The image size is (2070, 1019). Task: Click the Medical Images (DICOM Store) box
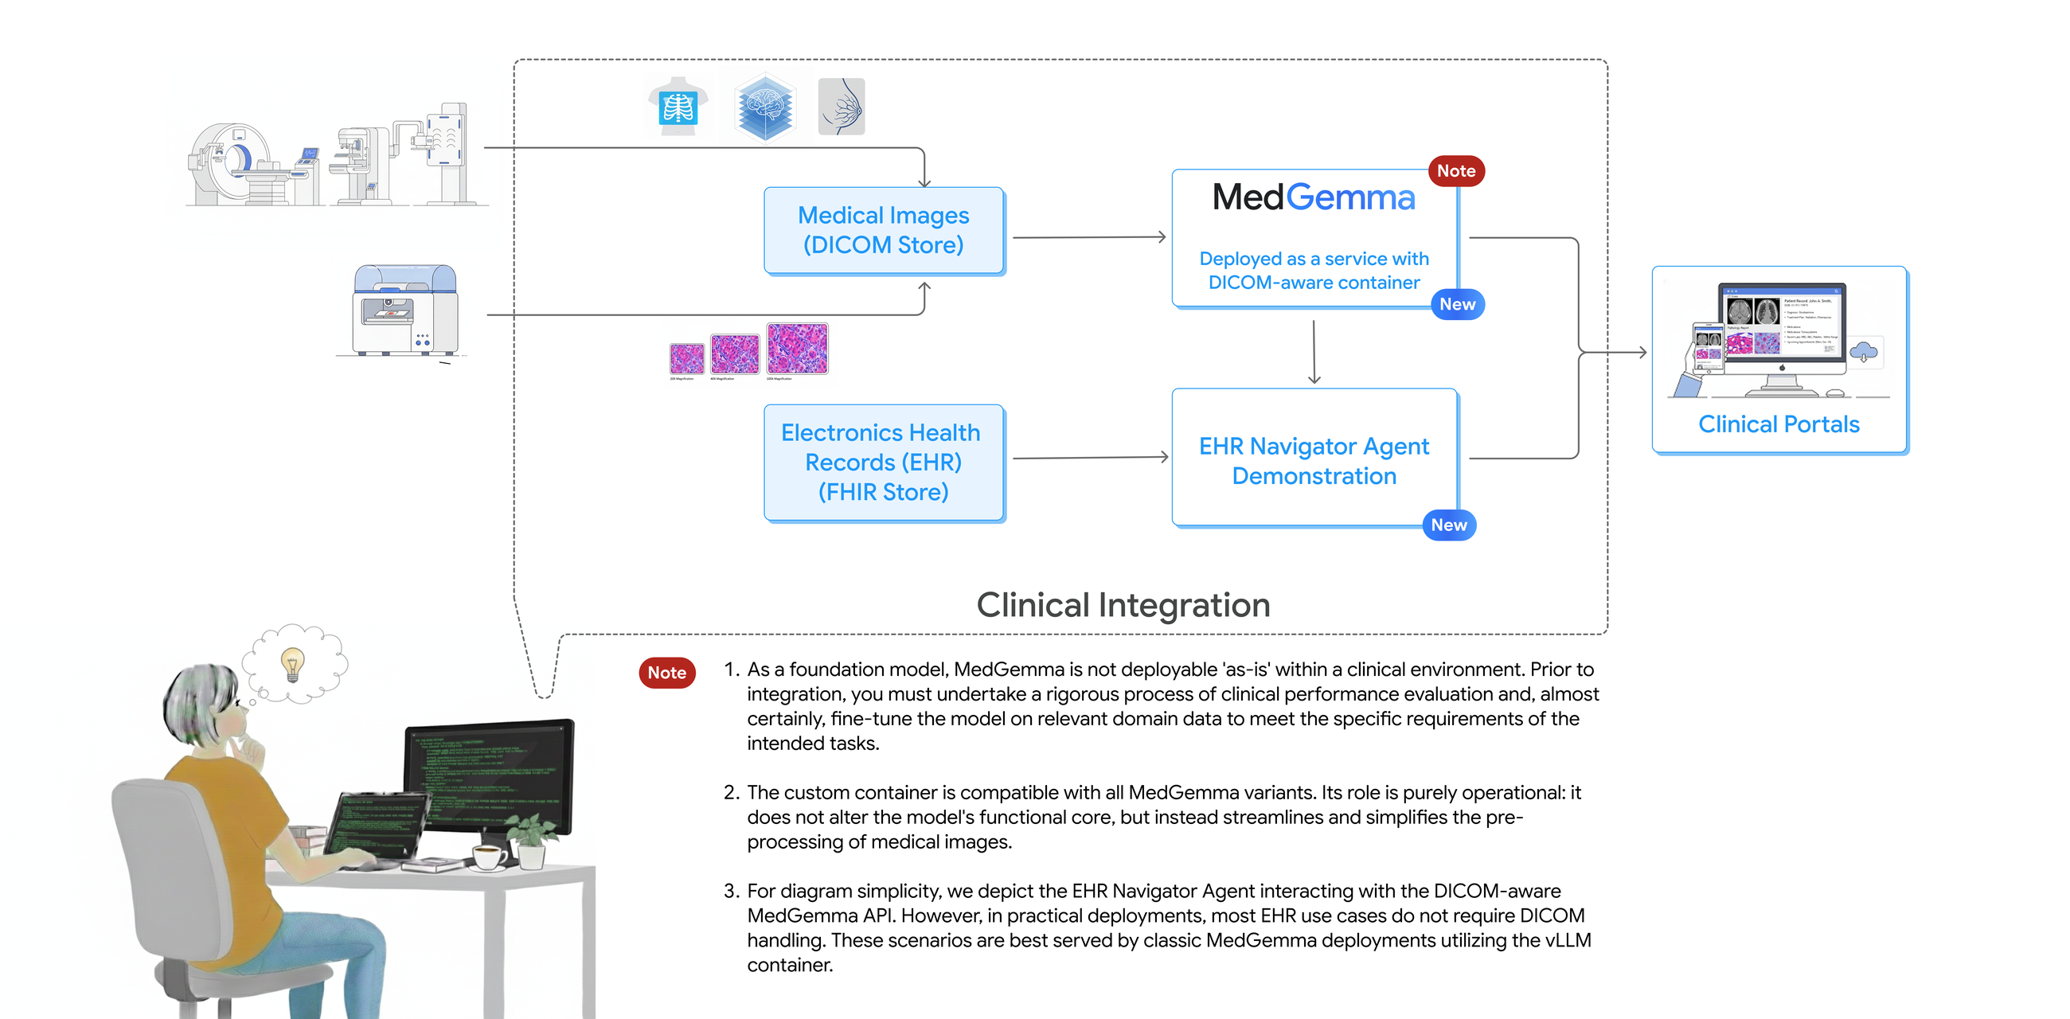883,231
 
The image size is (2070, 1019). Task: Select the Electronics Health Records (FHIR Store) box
883,462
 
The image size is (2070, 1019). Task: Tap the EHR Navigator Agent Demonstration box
1314,459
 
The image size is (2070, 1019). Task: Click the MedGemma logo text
1313,197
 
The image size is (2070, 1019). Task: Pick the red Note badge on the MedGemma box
1455,171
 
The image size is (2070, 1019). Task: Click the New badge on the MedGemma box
1457,305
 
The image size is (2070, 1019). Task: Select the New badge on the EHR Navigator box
1448,525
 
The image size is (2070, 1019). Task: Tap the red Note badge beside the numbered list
666,673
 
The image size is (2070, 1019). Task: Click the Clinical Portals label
1779,424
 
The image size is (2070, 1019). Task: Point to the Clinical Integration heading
1123,605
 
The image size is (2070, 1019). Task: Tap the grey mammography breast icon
842,107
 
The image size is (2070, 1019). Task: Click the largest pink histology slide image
797,349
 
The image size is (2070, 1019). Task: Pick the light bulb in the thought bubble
292,664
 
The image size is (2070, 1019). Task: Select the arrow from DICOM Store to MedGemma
1088,237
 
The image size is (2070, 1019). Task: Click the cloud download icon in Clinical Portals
1864,351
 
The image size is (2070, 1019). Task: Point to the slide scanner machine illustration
406,310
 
